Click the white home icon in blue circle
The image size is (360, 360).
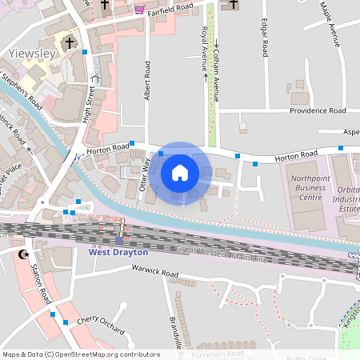click(x=180, y=173)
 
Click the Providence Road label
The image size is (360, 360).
click(x=317, y=110)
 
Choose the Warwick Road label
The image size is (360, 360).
click(x=155, y=273)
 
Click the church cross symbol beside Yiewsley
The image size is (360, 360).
click(x=70, y=42)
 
